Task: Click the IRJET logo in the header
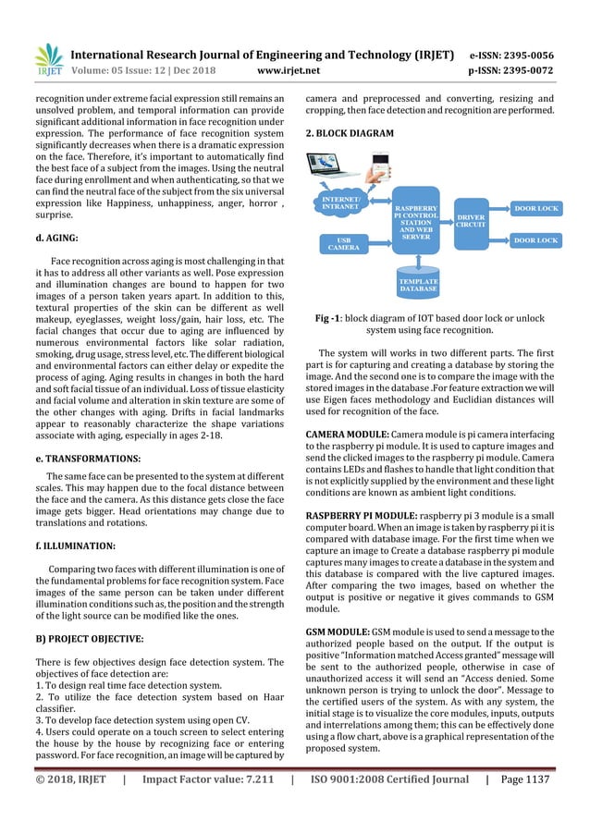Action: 48,56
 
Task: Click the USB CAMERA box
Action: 343,243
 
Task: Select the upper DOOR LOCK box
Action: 535,209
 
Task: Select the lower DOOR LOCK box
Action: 535,240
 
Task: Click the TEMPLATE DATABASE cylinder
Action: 418,283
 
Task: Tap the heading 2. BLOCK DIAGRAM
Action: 349,133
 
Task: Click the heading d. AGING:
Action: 57,238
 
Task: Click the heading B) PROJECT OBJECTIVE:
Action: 89,638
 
